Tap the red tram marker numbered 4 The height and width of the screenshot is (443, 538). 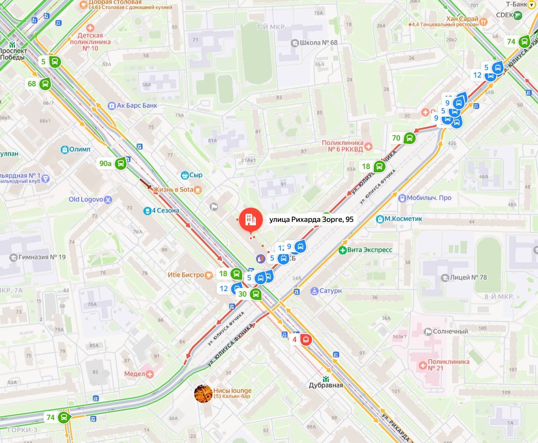click(306, 340)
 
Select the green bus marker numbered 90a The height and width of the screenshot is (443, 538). click(120, 164)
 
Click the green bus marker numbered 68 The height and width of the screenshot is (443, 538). click(45, 84)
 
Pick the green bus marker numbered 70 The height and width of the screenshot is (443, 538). click(410, 138)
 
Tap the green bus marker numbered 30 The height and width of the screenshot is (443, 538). click(256, 294)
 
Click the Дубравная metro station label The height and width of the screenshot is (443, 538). click(326, 385)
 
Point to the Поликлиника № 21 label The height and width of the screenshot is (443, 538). click(448, 365)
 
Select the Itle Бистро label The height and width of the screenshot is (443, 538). click(186, 275)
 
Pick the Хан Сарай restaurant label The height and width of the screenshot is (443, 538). click(462, 19)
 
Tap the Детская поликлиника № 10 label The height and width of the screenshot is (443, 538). click(90, 42)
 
